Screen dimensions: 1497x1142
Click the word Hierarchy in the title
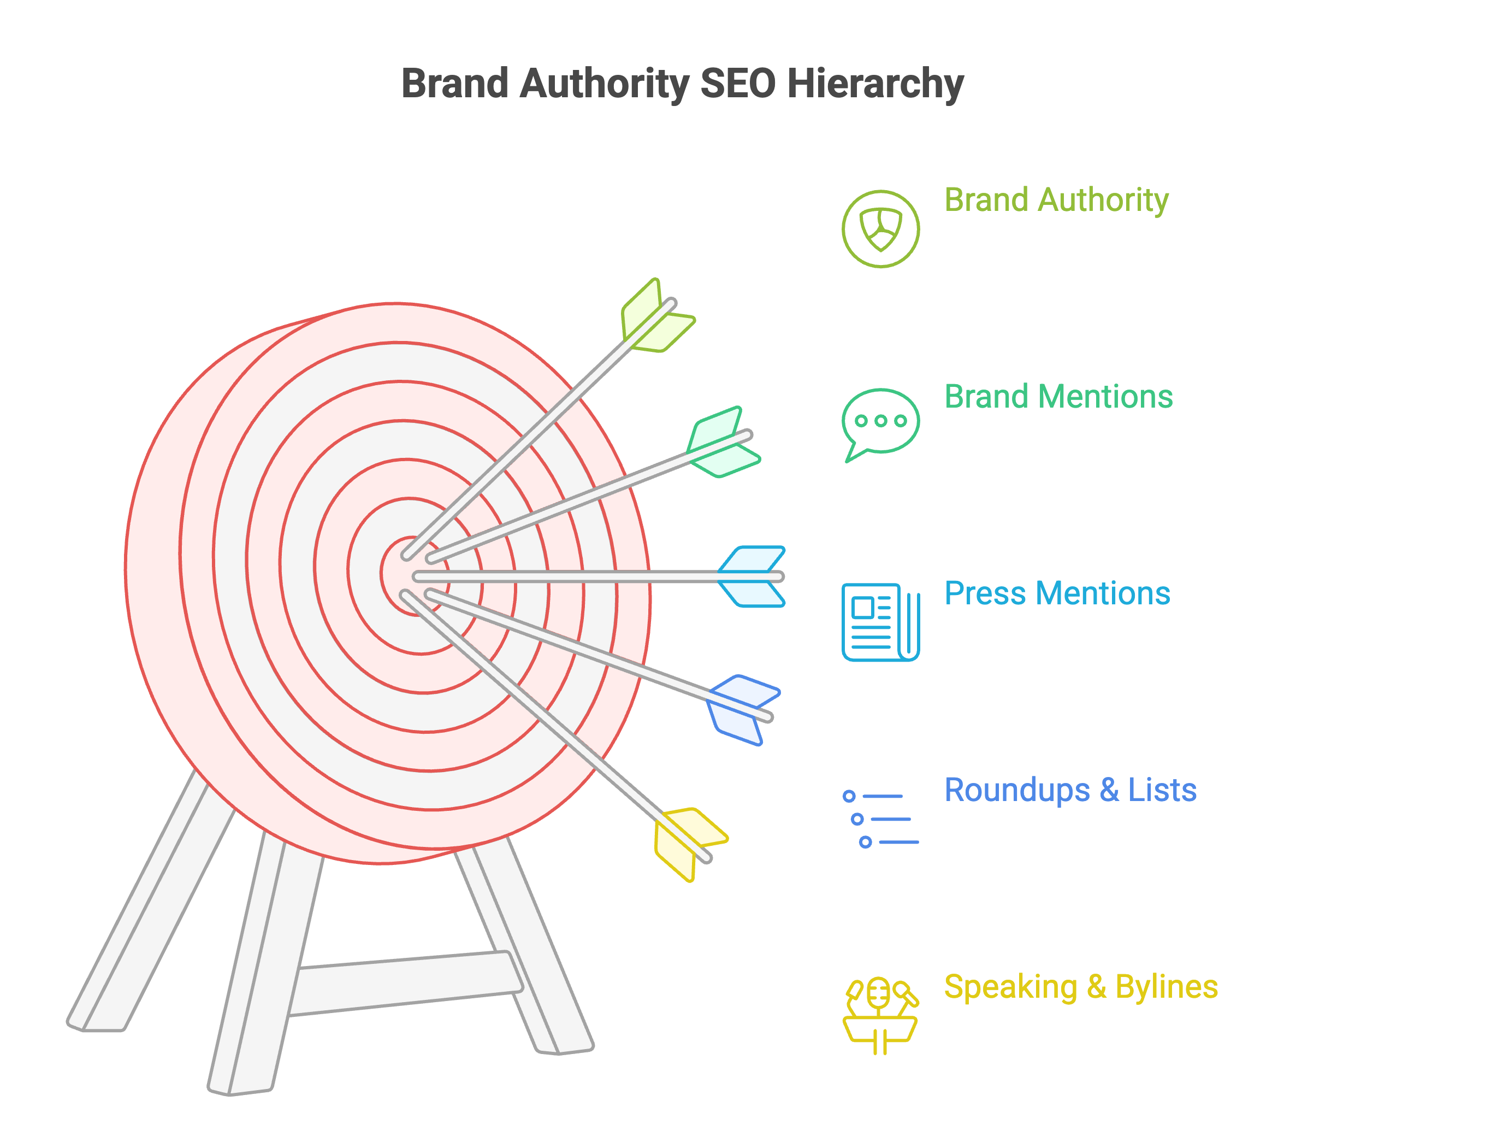875,84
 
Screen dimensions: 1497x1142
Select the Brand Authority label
1056,201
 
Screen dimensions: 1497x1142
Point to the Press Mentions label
1057,593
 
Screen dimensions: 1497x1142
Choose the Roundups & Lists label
1070,790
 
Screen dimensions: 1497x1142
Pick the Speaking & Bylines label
1080,987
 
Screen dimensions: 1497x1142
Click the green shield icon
880,229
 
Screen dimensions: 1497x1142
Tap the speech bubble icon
880,426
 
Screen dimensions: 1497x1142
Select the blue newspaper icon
880,622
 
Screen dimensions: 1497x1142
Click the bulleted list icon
880,819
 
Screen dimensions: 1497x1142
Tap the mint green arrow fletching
723,443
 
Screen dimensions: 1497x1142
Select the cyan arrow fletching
752,576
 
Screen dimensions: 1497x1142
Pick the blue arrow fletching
743,710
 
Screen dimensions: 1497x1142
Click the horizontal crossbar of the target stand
406,984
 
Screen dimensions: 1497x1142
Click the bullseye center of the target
412,576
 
